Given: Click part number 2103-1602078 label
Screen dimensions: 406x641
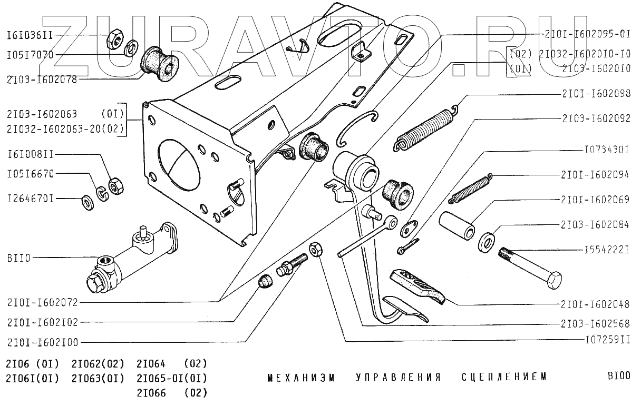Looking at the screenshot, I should [42, 80].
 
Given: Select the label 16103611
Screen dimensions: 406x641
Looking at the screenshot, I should [30, 36].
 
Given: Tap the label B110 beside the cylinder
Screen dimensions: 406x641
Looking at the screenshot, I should [19, 258].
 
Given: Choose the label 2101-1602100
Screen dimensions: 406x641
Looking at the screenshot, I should [43, 342].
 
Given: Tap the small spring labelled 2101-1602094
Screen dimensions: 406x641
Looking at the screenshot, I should [470, 188].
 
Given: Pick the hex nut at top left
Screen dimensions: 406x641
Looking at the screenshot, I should [114, 38].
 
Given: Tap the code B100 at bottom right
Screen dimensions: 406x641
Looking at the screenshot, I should [618, 377].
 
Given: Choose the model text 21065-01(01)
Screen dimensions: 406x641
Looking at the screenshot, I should [172, 378].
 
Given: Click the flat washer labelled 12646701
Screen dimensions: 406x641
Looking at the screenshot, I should [86, 201].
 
